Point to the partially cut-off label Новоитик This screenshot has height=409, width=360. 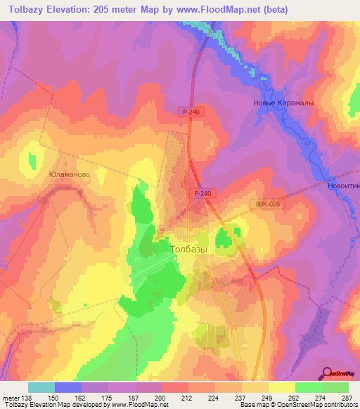[x=344, y=186]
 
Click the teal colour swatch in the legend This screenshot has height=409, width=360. [x=41, y=387]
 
